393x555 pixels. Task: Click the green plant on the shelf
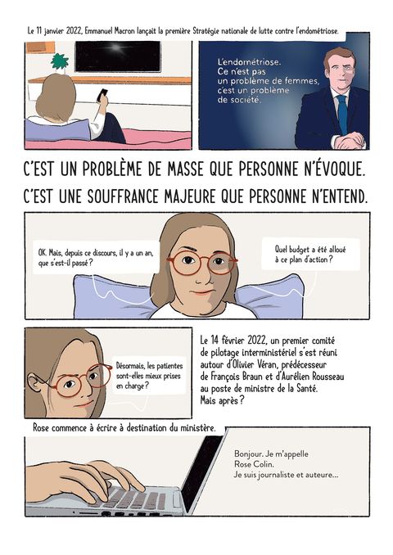pyautogui.click(x=59, y=61)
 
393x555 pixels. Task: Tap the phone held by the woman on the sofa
pyautogui.click(x=102, y=94)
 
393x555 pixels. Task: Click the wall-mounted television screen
pyautogui.click(x=118, y=56)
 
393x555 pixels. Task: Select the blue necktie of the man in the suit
pyautogui.click(x=342, y=113)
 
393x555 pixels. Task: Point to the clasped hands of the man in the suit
pyautogui.click(x=349, y=141)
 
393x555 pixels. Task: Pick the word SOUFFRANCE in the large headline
pyautogui.click(x=123, y=196)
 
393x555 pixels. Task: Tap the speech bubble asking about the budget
pyautogui.click(x=310, y=255)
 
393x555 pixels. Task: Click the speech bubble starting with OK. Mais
pyautogui.click(x=96, y=258)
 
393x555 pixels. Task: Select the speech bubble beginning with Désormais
pyautogui.click(x=149, y=376)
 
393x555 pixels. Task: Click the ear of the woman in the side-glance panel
pyautogui.click(x=35, y=385)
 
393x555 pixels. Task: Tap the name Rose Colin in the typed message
pyautogui.click(x=254, y=464)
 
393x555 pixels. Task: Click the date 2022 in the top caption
pyautogui.click(x=74, y=31)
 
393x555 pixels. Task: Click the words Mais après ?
pyautogui.click(x=222, y=400)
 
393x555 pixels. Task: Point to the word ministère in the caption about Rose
pyautogui.click(x=197, y=428)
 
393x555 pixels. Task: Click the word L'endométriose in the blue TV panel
pyautogui.click(x=249, y=62)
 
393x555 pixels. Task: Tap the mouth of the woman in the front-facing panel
pyautogui.click(x=202, y=292)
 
